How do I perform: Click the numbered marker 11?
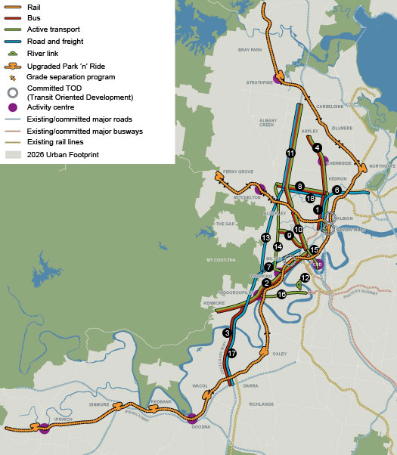click(290, 153)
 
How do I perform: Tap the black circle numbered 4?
click(318, 148)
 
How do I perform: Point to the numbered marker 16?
click(282, 295)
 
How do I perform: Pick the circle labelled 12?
click(306, 278)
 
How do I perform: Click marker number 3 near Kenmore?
click(227, 333)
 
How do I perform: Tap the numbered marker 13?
click(266, 238)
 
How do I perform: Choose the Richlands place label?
click(261, 404)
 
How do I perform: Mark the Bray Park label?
click(249, 50)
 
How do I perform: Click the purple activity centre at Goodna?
click(192, 418)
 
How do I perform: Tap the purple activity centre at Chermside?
click(323, 160)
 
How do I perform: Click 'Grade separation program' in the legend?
click(70, 77)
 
